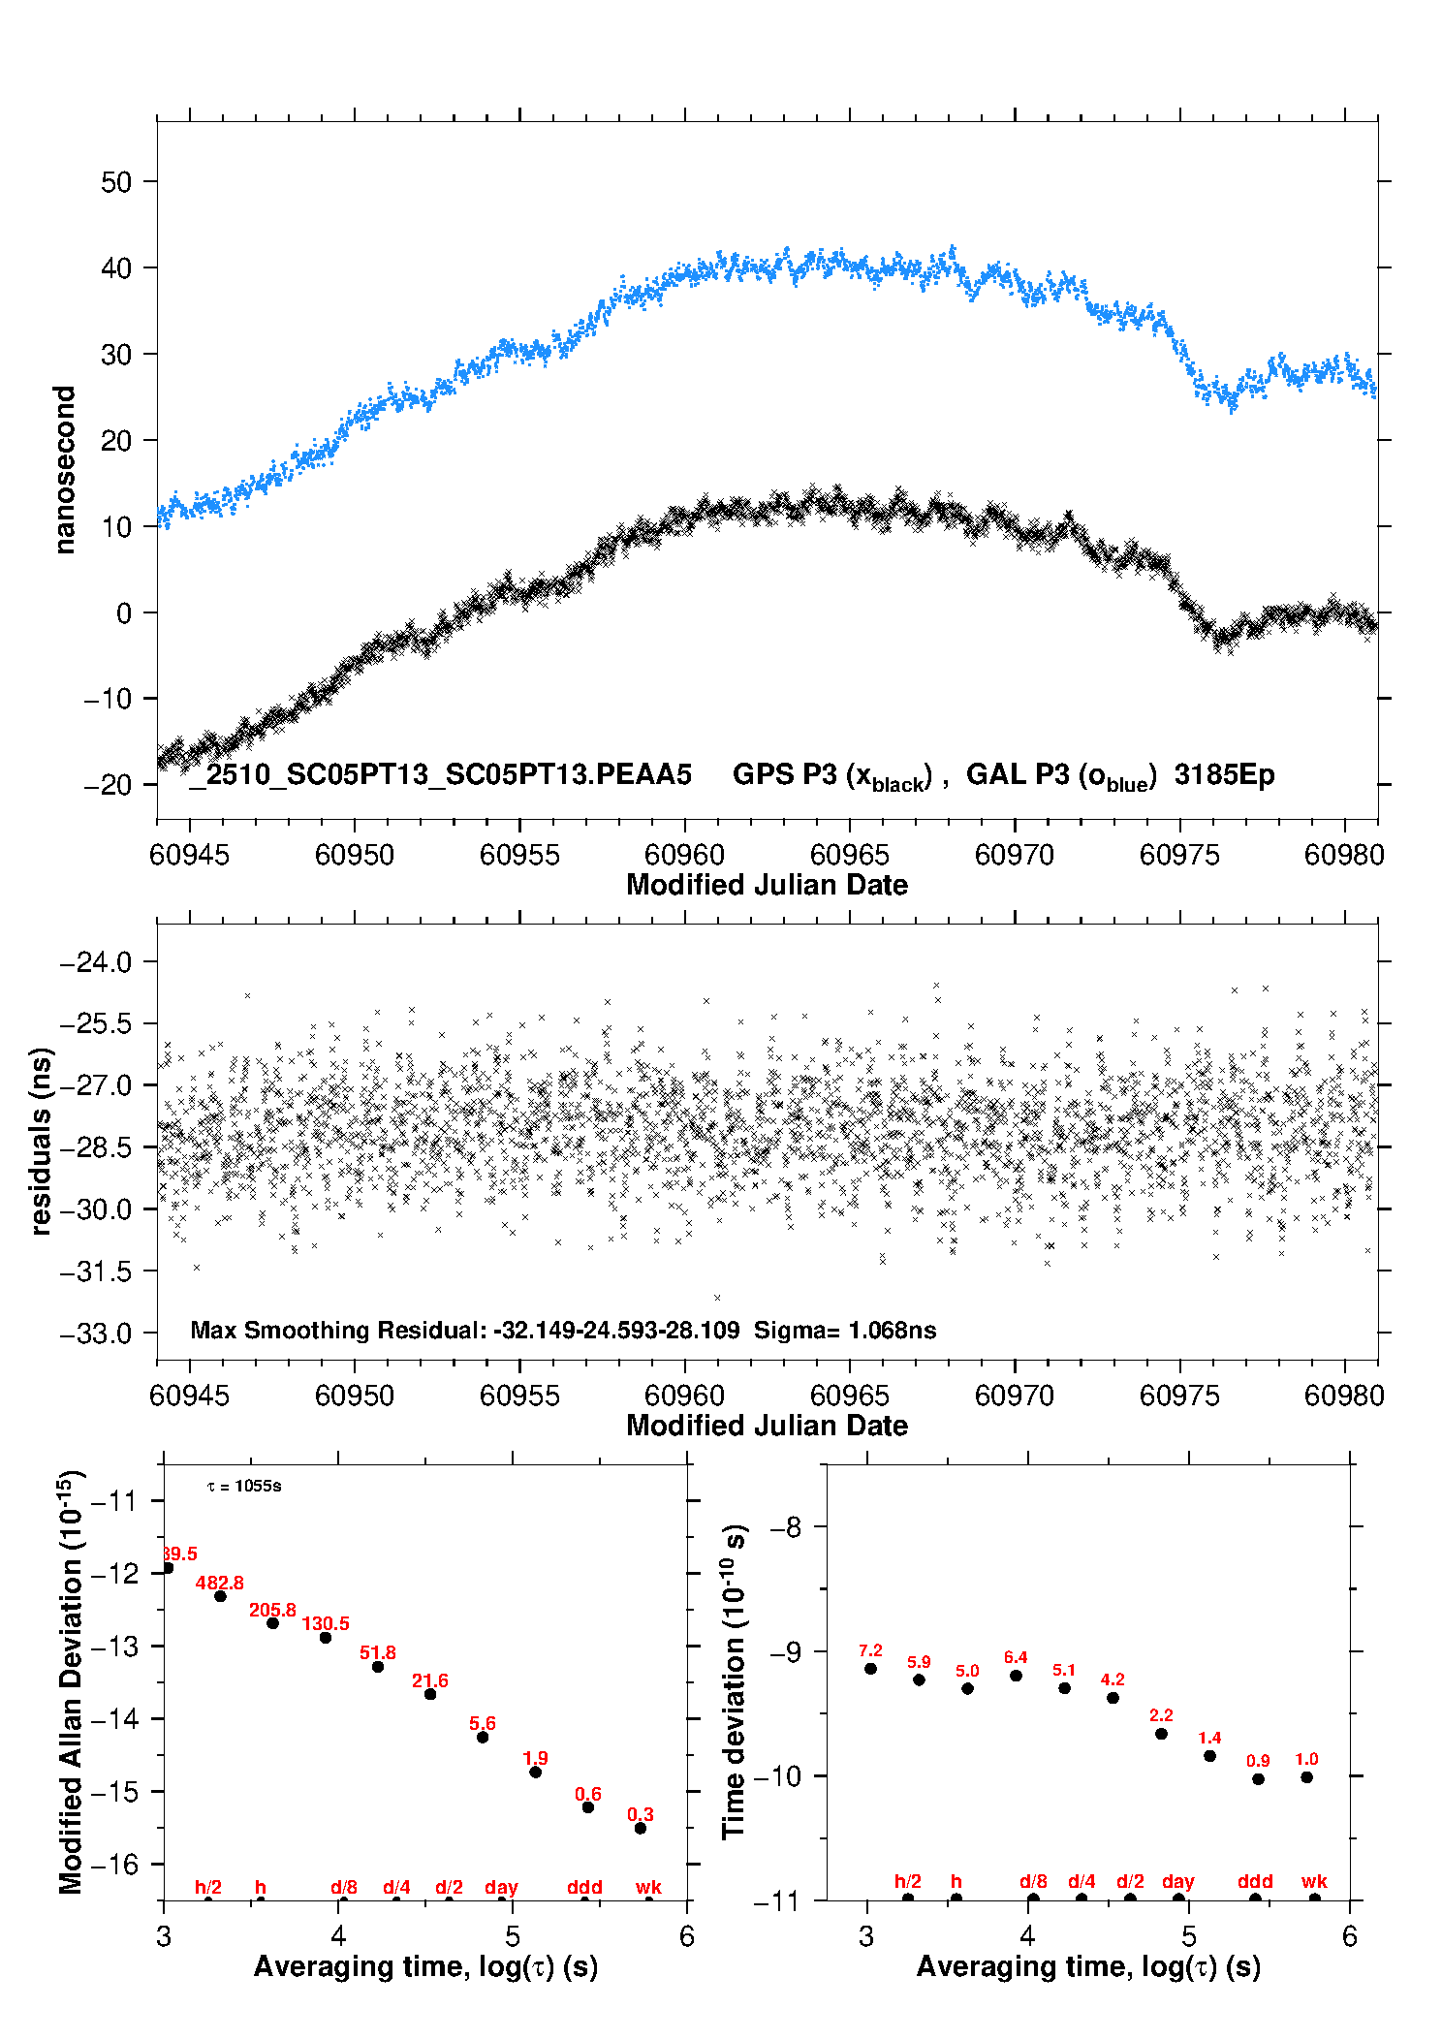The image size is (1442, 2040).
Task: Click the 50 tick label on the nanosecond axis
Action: pyautogui.click(x=115, y=182)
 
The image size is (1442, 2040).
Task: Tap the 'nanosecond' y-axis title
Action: pyautogui.click(x=65, y=470)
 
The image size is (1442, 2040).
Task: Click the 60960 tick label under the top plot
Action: pyautogui.click(x=684, y=855)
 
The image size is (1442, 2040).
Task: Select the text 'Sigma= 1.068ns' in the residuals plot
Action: pyautogui.click(x=845, y=1331)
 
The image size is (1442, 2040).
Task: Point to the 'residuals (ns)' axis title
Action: pyautogui.click(x=41, y=1142)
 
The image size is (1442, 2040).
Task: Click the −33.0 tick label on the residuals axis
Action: pyautogui.click(x=95, y=1334)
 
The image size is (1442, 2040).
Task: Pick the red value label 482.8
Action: pyautogui.click(x=220, y=1584)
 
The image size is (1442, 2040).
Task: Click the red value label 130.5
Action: pyautogui.click(x=326, y=1623)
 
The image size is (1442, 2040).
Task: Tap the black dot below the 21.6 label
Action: pyautogui.click(x=430, y=1694)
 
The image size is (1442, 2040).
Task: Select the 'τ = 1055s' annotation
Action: pyautogui.click(x=244, y=1487)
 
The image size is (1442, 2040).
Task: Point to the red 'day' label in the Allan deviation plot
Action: pyautogui.click(x=501, y=1887)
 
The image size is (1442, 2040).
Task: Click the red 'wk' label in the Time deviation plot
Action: pyautogui.click(x=1314, y=1882)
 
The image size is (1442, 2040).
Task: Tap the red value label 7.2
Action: pyautogui.click(x=870, y=1650)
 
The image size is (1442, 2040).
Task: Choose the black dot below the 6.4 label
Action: pyautogui.click(x=1016, y=1676)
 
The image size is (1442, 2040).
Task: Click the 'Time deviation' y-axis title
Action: pyautogui.click(x=734, y=1681)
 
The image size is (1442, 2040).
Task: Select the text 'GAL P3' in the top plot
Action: pyautogui.click(x=1018, y=774)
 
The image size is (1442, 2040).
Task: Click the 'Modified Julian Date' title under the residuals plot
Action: pyautogui.click(x=767, y=1426)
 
